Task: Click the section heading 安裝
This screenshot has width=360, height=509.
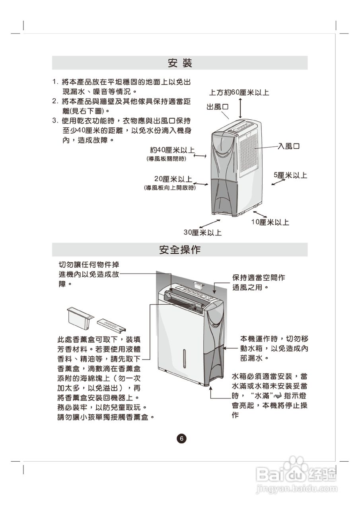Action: click(180, 63)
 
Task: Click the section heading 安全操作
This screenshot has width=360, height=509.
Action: click(180, 250)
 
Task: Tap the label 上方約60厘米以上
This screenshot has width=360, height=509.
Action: click(239, 93)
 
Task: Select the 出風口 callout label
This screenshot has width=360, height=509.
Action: click(217, 107)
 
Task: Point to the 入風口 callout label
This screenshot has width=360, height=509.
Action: click(288, 146)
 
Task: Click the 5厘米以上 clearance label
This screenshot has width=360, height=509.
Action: click(290, 175)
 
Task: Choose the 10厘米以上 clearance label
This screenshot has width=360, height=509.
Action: click(270, 222)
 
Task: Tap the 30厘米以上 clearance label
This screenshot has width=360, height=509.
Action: click(202, 232)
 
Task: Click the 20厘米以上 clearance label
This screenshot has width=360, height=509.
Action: click(173, 179)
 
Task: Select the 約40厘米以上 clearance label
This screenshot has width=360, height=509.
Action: click(172, 150)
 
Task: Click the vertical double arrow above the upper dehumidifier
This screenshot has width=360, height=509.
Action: click(241, 107)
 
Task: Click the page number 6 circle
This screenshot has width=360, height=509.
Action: click(181, 439)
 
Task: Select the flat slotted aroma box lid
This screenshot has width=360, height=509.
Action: click(111, 325)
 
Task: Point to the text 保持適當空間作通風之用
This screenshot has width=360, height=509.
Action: click(258, 282)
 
